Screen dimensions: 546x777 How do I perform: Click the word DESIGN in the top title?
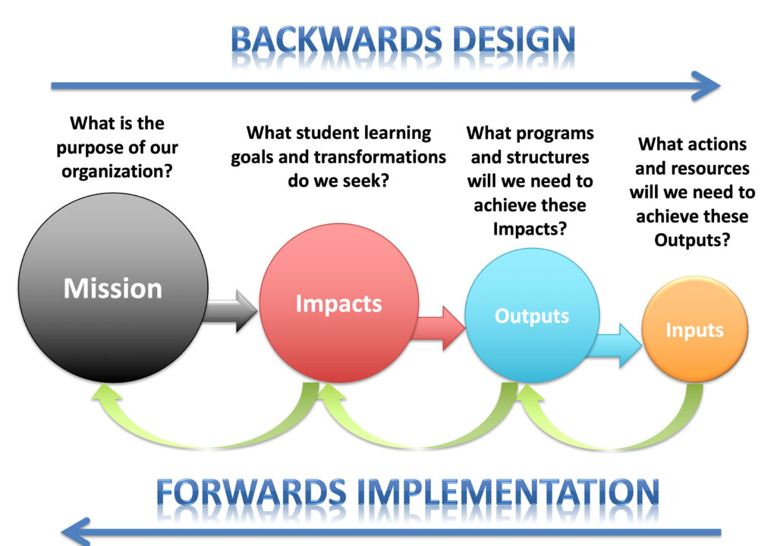pyautogui.click(x=509, y=39)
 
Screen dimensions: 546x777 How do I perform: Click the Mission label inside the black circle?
pyautogui.click(x=112, y=289)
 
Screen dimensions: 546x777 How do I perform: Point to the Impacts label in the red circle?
pyautogui.click(x=338, y=304)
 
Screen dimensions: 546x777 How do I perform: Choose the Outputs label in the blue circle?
pyautogui.click(x=532, y=315)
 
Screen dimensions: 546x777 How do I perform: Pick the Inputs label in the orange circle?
pyautogui.click(x=694, y=330)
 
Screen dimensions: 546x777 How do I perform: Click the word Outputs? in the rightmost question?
pyautogui.click(x=691, y=239)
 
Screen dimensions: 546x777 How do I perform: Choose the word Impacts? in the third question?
pyautogui.click(x=530, y=229)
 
